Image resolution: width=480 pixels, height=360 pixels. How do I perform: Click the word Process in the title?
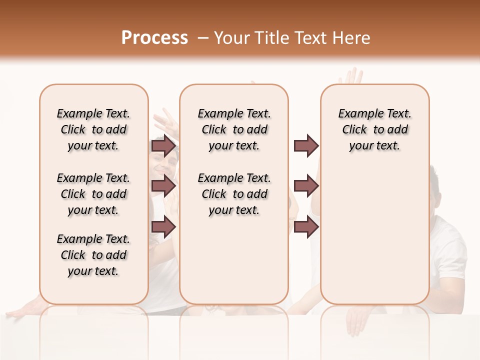(154, 37)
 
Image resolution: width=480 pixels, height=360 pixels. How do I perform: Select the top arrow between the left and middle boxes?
(163, 146)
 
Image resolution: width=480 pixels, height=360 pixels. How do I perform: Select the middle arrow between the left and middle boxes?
(163, 186)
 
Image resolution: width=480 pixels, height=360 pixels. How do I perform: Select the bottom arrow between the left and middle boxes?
(163, 227)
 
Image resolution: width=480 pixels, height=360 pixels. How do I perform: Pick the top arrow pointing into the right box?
(306, 146)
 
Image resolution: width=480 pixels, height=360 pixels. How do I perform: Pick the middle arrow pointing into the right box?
(306, 186)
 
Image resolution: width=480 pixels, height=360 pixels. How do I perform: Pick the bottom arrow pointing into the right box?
(306, 227)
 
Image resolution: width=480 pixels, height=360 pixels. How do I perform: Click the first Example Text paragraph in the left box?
(93, 129)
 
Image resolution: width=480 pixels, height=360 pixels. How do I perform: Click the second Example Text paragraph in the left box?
(93, 194)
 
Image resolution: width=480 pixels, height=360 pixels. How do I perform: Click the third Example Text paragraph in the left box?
(93, 255)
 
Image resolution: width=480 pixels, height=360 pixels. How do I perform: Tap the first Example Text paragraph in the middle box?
(234, 129)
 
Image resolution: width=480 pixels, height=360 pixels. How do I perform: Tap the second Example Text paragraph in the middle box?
(234, 194)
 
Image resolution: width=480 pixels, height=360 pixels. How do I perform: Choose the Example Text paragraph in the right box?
(375, 129)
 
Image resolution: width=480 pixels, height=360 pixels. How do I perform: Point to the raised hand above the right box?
(351, 77)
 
